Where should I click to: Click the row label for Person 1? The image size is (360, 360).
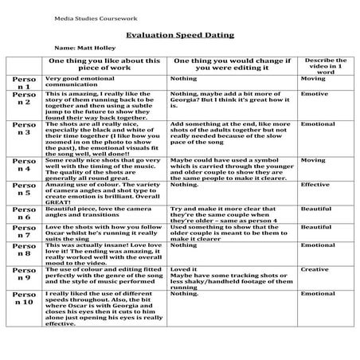tap(24, 83)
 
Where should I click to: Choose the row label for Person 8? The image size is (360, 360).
tap(24, 252)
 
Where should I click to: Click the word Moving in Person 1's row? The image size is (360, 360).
tap(312, 79)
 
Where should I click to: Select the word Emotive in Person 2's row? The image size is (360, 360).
tap(314, 93)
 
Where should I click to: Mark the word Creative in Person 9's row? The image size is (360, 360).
tap(315, 270)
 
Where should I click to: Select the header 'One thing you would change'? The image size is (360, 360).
tap(233, 65)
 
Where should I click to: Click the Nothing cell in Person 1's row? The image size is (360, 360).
tap(183, 79)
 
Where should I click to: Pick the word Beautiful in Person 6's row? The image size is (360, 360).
tap(315, 209)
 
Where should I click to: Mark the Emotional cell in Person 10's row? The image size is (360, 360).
tap(317, 294)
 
